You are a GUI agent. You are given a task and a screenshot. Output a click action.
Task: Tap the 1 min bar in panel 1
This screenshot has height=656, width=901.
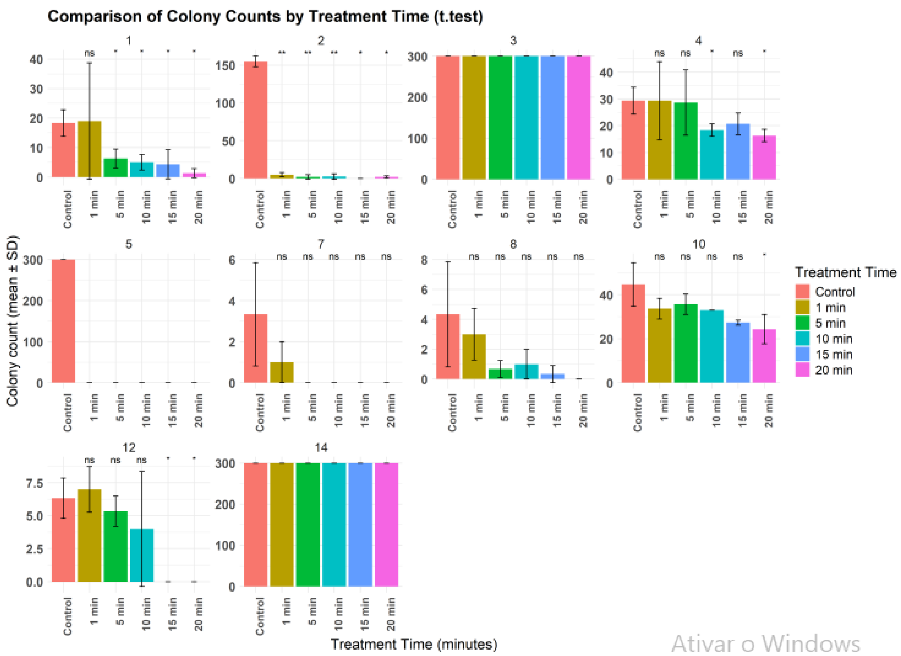click(89, 149)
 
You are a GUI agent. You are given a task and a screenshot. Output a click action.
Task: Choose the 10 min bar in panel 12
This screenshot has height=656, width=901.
click(142, 555)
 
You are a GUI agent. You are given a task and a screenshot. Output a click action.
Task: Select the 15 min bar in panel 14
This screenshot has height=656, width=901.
click(360, 525)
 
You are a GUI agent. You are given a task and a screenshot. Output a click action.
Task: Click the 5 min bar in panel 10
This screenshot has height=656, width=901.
click(686, 344)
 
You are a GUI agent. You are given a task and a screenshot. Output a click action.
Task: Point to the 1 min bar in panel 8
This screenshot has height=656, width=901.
click(474, 357)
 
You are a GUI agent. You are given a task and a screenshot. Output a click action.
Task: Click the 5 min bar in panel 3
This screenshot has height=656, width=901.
click(500, 118)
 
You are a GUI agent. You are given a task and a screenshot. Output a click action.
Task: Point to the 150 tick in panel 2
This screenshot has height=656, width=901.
click(225, 65)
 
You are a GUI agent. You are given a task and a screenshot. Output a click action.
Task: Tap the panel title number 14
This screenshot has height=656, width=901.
click(321, 448)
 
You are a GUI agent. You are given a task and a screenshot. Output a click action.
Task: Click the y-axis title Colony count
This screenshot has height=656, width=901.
click(13, 321)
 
